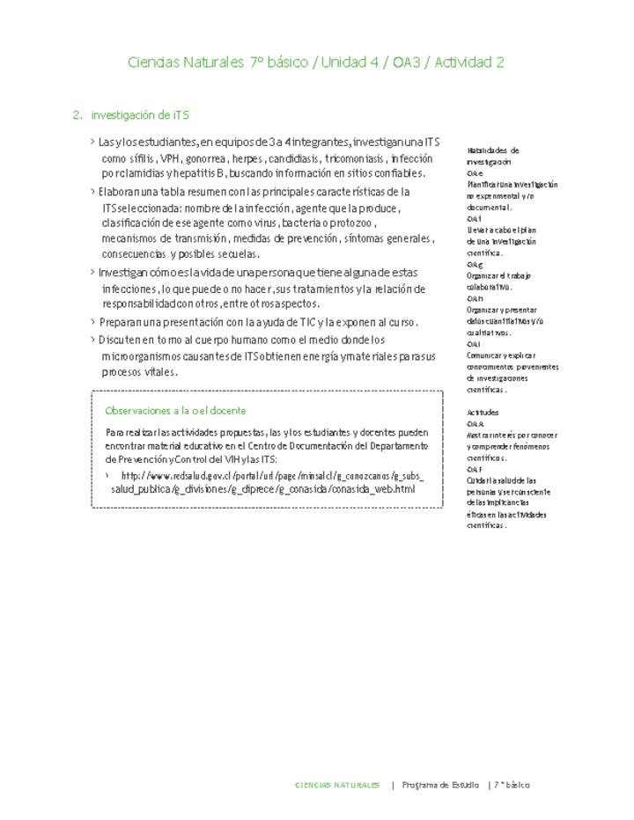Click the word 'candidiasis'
click(293, 159)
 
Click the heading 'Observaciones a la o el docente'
click(175, 411)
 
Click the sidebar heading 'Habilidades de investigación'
click(493, 156)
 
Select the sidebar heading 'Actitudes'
click(483, 412)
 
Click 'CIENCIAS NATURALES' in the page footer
click(338, 785)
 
